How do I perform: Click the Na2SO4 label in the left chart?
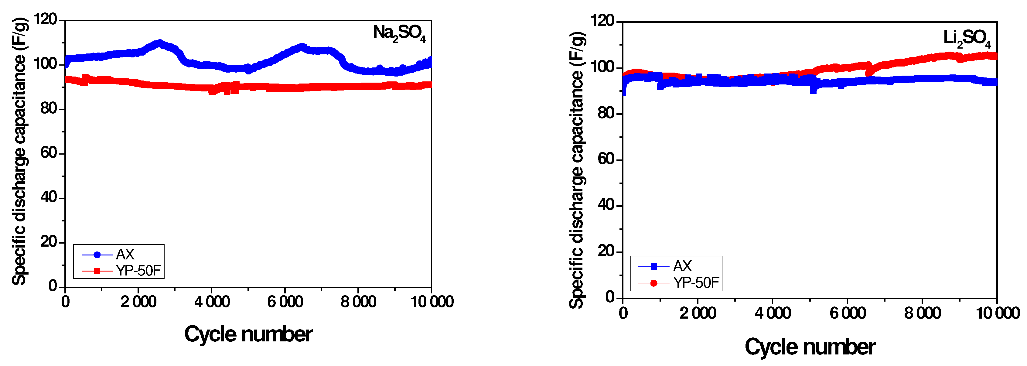399,33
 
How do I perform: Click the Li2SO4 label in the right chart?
966,38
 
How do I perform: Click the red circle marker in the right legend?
654,283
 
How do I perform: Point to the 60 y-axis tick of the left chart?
49,153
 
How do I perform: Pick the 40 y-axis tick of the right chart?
606,205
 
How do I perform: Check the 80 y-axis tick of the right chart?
606,113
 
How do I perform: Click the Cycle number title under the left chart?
248,334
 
